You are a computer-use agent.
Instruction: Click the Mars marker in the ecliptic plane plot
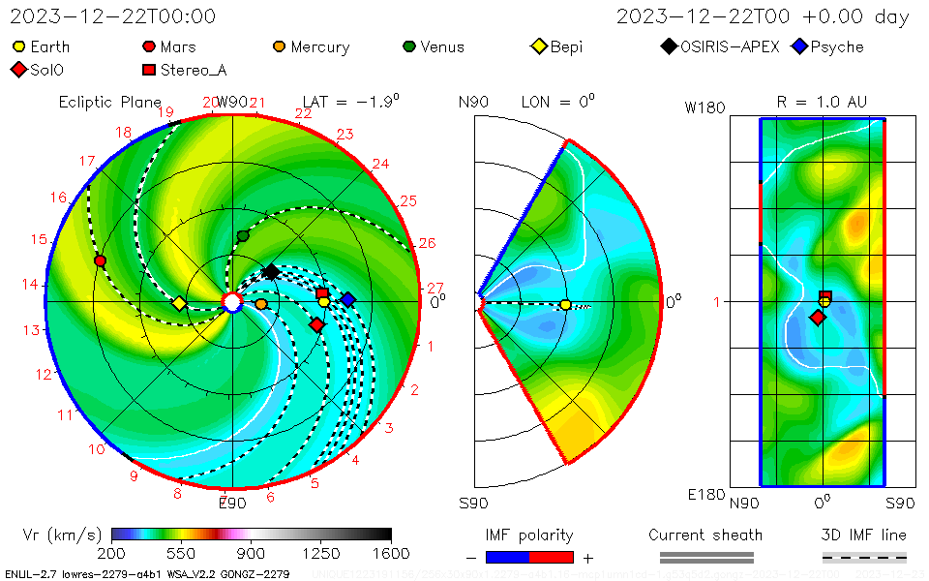pyautogui.click(x=100, y=260)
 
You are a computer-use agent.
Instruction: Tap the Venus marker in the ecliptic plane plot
pyautogui.click(x=243, y=236)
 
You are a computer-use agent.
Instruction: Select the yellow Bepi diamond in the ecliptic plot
pyautogui.click(x=179, y=303)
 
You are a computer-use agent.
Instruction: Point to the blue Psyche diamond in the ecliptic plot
pyautogui.click(x=347, y=299)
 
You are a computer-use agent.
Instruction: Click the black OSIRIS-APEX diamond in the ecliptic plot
pyautogui.click(x=271, y=272)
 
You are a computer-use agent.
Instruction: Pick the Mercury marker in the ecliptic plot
pyautogui.click(x=261, y=304)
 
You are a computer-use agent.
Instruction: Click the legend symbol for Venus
pyautogui.click(x=409, y=46)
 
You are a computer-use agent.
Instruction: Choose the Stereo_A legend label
pyautogui.click(x=193, y=70)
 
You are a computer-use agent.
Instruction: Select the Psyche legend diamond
pyautogui.click(x=799, y=46)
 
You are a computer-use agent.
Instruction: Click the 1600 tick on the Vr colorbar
pyautogui.click(x=391, y=553)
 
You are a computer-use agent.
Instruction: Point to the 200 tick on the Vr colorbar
pyautogui.click(x=112, y=553)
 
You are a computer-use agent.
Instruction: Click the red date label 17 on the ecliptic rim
pyautogui.click(x=87, y=161)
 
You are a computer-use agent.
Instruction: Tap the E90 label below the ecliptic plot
pyautogui.click(x=232, y=503)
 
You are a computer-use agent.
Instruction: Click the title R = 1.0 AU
pyautogui.click(x=822, y=102)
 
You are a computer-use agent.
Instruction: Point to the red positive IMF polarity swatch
pyautogui.click(x=552, y=557)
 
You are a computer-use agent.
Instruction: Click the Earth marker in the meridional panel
pyautogui.click(x=565, y=305)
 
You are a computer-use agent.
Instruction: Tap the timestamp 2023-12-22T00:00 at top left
pyautogui.click(x=112, y=16)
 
